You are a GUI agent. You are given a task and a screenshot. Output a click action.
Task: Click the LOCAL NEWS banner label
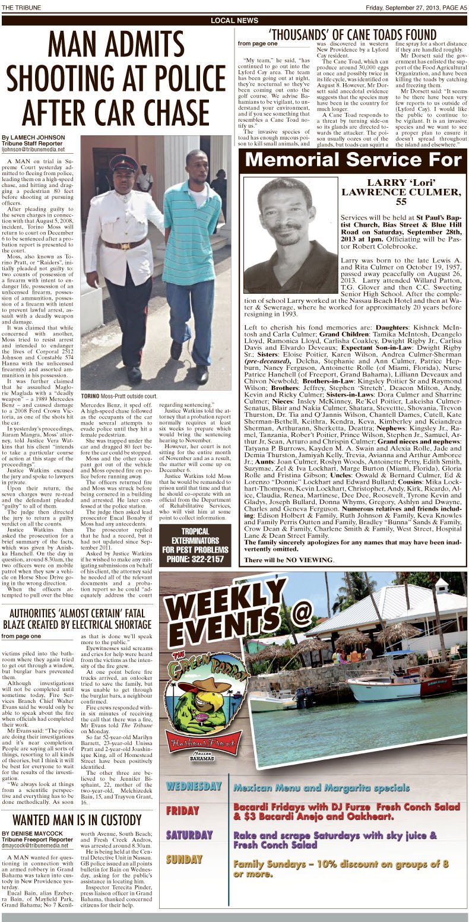(235, 20)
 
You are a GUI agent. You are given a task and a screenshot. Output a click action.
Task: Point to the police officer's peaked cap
(123, 161)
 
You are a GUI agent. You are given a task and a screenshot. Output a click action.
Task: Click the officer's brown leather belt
(125, 243)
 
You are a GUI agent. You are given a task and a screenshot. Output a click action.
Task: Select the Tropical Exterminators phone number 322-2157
(195, 558)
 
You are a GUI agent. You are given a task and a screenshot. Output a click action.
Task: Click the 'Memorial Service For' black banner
(353, 159)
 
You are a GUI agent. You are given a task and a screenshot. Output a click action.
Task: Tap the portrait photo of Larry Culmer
(290, 235)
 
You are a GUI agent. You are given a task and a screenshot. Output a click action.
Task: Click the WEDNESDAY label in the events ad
(194, 787)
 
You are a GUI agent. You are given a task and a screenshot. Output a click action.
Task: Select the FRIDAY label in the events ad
(183, 810)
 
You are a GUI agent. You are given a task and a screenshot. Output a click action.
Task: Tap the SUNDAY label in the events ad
(183, 858)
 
